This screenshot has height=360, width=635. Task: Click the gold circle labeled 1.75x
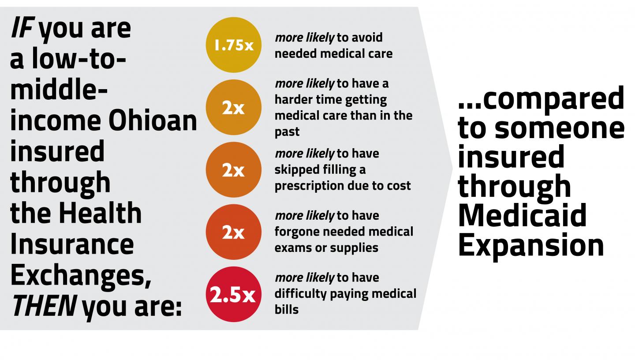[x=233, y=45]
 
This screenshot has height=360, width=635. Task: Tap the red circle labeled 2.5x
[x=233, y=294]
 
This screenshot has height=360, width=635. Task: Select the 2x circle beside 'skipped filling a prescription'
[x=233, y=170]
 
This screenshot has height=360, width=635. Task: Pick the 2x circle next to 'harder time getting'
[x=233, y=107]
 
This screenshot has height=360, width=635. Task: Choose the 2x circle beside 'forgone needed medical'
[x=233, y=232]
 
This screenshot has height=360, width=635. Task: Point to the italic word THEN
[x=43, y=306]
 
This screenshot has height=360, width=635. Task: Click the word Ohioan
[x=153, y=121]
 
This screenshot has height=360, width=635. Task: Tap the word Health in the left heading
[x=100, y=213]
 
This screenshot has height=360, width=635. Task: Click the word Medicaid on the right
[x=522, y=215]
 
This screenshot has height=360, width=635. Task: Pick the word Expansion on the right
[x=530, y=245]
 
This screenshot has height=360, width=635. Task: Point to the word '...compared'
[x=541, y=99]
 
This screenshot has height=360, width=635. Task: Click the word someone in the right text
[x=559, y=128]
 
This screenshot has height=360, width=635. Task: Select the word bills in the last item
[x=286, y=310]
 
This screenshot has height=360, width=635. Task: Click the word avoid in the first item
[x=368, y=37]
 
